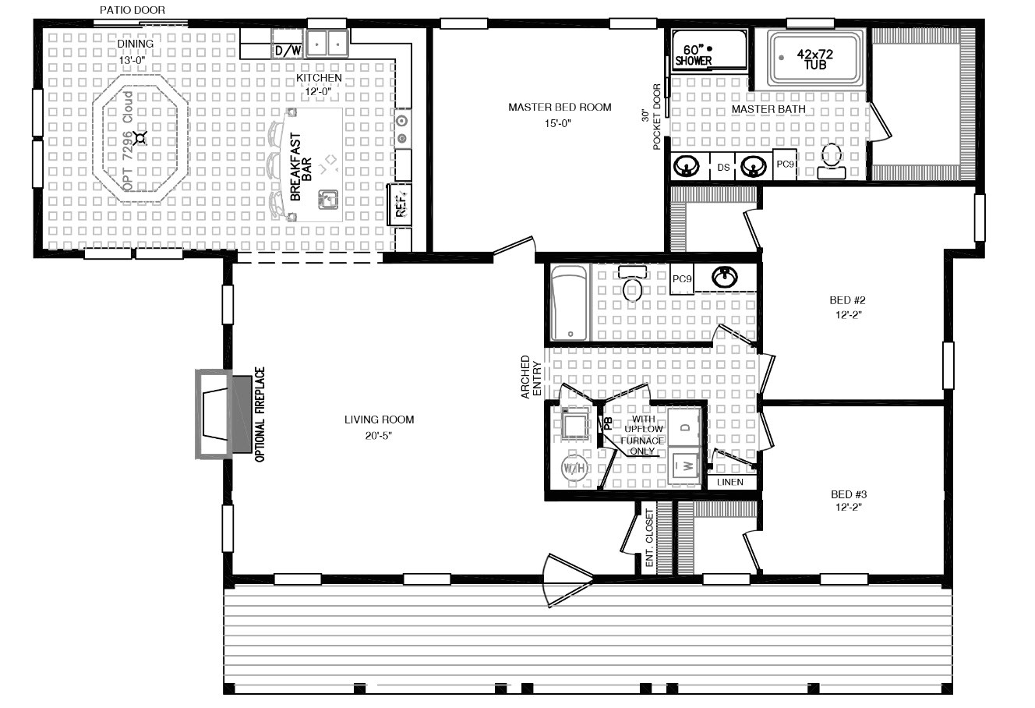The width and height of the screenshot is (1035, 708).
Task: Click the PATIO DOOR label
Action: click(132, 10)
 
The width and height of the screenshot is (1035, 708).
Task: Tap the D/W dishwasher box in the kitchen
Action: click(287, 51)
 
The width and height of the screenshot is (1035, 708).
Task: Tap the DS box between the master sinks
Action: click(723, 167)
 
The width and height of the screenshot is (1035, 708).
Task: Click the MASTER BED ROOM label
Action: click(560, 108)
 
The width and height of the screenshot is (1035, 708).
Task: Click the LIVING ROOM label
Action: click(379, 419)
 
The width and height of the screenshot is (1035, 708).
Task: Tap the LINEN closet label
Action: click(730, 483)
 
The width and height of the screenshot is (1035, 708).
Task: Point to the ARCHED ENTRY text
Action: click(531, 378)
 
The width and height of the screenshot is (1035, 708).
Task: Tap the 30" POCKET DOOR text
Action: click(651, 117)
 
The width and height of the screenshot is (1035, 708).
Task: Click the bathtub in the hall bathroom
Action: click(569, 303)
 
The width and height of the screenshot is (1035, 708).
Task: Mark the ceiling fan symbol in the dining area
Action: click(140, 139)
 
